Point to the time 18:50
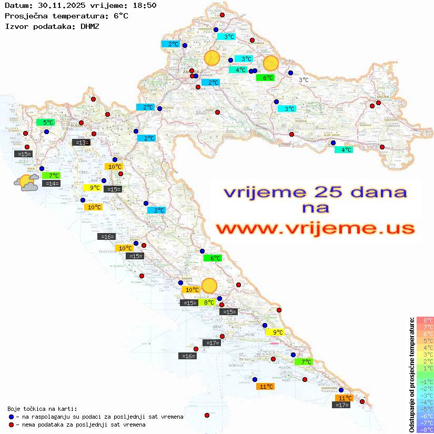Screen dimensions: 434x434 [144, 5]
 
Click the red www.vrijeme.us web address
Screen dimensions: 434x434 [315, 228]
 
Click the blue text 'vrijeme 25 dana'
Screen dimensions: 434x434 [315, 192]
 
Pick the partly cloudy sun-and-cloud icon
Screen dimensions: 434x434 [26, 183]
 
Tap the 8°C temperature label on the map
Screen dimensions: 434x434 [209, 302]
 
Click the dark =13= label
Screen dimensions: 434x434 [81, 142]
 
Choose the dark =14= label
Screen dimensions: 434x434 [52, 184]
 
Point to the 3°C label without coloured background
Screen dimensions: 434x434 [304, 80]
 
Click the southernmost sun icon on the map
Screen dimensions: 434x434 [209, 286]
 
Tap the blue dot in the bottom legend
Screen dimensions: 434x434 [12, 417]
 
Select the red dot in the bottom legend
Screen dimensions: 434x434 [12, 425]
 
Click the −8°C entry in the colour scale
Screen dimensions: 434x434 [425, 430]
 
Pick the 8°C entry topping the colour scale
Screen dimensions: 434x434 [425, 320]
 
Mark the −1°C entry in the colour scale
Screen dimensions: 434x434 [425, 381]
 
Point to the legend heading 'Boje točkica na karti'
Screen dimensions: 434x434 [42, 408]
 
